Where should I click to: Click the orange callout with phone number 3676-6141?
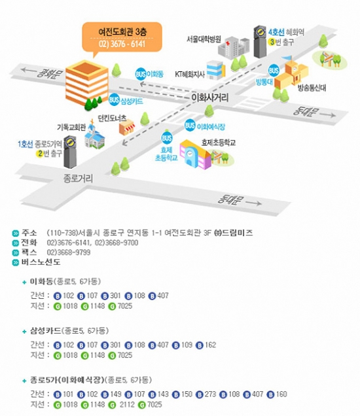click(122, 38)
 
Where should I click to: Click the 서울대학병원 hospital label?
click(204, 39)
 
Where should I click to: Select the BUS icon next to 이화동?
click(141, 74)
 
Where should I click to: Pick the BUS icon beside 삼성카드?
click(114, 100)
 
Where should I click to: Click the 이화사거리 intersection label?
click(209, 97)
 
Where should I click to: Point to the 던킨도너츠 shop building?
click(126, 128)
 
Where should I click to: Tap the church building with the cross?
click(94, 135)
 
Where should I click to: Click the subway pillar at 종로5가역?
click(70, 152)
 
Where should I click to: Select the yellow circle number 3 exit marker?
click(272, 42)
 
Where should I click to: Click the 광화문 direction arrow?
click(29, 70)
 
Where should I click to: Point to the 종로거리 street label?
click(78, 179)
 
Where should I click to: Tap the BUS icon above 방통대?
click(274, 70)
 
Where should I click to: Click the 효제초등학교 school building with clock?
click(195, 154)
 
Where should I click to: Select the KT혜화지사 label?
click(190, 75)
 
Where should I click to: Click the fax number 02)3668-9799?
click(69, 252)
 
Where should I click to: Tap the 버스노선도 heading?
click(41, 262)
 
